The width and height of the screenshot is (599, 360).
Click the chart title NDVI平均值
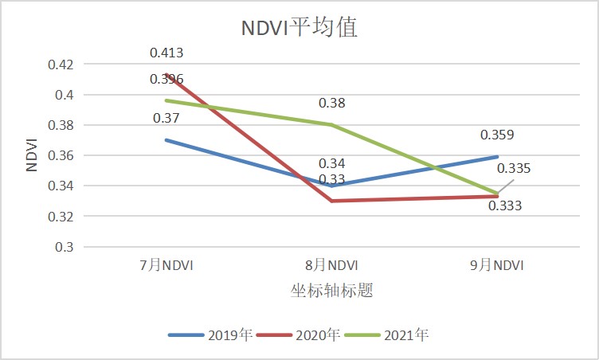[299, 29]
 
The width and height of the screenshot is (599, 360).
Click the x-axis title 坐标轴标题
[332, 291]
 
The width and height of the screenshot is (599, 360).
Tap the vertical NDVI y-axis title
[30, 155]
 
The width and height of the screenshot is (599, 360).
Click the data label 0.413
[166, 53]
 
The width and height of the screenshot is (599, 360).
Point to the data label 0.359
[497, 135]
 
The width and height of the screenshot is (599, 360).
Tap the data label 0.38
[332, 104]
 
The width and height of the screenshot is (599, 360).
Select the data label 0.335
[514, 169]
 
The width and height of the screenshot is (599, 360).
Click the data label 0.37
[166, 119]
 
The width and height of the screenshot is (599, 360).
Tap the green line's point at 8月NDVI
[332, 124]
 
